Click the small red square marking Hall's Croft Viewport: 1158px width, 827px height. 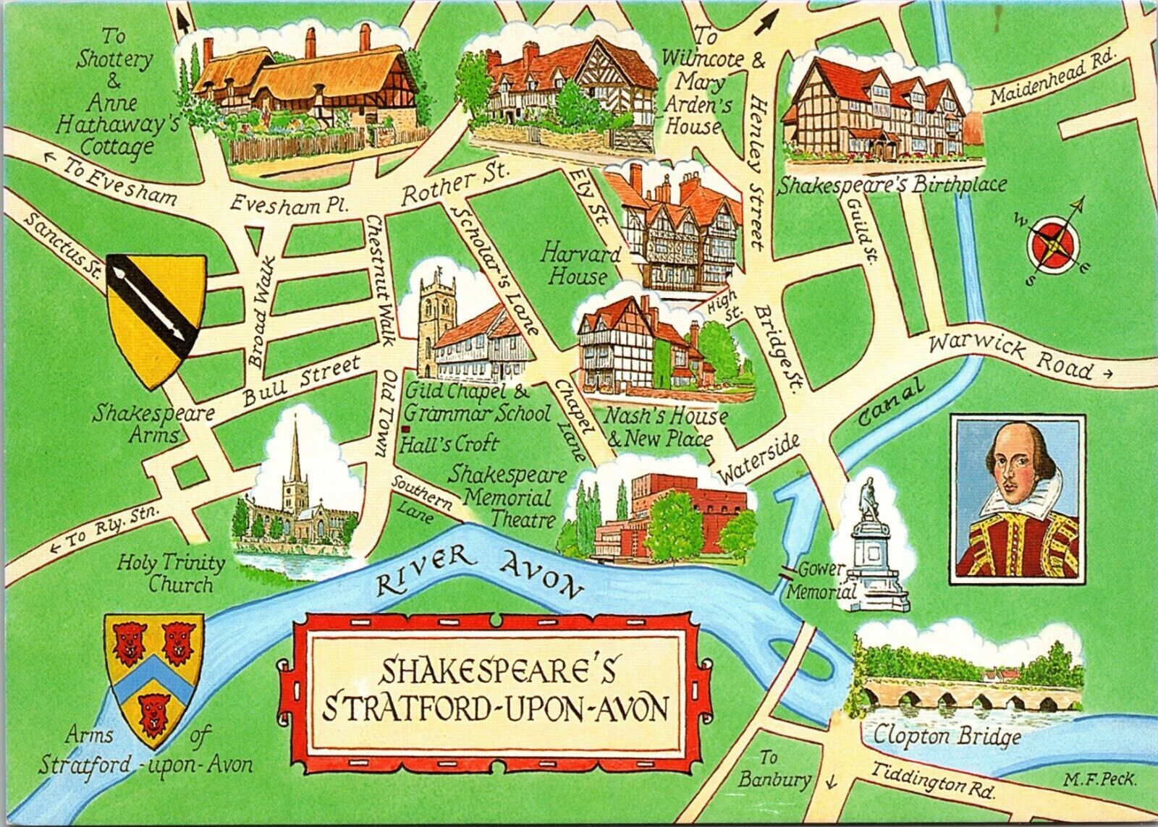pyautogui.click(x=404, y=431)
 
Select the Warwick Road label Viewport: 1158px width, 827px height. pyautogui.click(x=1011, y=357)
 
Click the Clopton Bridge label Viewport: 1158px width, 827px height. pyautogui.click(x=948, y=737)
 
